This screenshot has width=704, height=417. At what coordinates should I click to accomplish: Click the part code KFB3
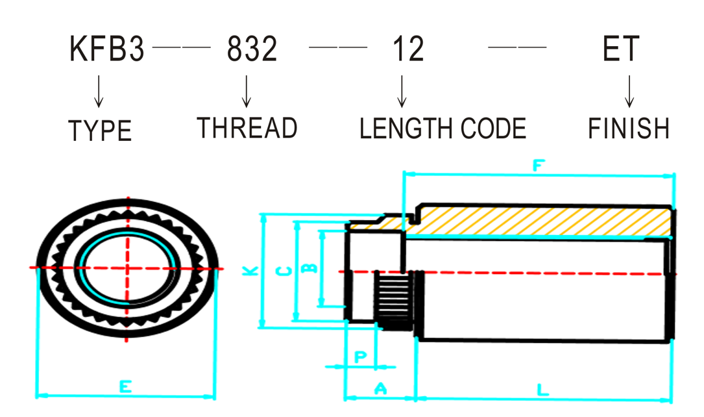click(x=107, y=49)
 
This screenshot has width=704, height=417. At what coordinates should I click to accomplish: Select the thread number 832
click(x=252, y=49)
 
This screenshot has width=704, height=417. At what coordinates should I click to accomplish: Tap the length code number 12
click(x=408, y=49)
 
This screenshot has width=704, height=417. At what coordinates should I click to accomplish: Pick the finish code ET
click(x=620, y=49)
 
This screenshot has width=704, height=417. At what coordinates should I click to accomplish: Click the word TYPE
click(x=100, y=131)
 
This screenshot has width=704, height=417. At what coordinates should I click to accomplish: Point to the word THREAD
click(x=247, y=127)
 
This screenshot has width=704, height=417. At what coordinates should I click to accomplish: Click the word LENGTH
click(x=407, y=129)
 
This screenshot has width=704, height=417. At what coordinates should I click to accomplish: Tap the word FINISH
click(x=629, y=129)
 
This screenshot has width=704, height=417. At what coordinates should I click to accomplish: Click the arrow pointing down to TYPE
click(x=99, y=92)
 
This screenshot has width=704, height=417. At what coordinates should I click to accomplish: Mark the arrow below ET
click(x=629, y=91)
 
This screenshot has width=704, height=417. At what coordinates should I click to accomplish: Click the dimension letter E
click(x=126, y=386)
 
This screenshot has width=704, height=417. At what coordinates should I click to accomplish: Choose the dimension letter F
click(x=539, y=166)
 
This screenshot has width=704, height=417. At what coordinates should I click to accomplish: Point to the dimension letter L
click(x=543, y=389)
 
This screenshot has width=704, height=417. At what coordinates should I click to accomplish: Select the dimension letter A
click(x=380, y=388)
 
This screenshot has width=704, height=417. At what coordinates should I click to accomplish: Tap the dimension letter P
click(x=360, y=357)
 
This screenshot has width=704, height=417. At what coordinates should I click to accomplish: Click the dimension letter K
click(x=250, y=270)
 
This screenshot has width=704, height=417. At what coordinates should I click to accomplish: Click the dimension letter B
click(x=310, y=268)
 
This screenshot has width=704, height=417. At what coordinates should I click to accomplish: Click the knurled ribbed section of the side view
click(x=394, y=301)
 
